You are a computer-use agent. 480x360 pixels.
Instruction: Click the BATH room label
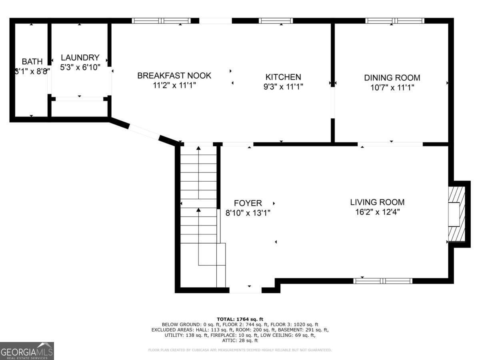pos(32,62)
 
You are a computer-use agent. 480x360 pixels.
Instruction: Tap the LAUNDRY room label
pos(80,58)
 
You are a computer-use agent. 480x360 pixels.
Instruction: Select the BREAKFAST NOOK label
pos(174,76)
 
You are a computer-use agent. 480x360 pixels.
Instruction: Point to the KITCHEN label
pos(283,77)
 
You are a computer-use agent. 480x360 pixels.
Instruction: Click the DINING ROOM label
pos(392,78)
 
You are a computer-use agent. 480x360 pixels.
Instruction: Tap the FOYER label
pos(248,203)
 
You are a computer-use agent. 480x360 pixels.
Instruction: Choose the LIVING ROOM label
pos(377,202)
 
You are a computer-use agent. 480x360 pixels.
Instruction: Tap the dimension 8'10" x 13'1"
pos(248,213)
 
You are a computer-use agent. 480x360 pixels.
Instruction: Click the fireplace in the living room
pos(456,214)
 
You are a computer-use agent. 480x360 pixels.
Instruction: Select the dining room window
pos(395,21)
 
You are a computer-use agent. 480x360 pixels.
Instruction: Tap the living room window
pos(383,281)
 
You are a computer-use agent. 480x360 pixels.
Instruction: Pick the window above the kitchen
pos(276,21)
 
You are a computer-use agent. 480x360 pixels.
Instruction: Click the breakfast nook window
pos(161,21)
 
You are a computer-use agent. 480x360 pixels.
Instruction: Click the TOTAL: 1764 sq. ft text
pos(240,319)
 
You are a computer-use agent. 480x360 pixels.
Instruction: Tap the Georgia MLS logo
pos(27,351)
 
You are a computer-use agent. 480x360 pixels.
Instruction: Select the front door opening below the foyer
pos(246,290)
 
